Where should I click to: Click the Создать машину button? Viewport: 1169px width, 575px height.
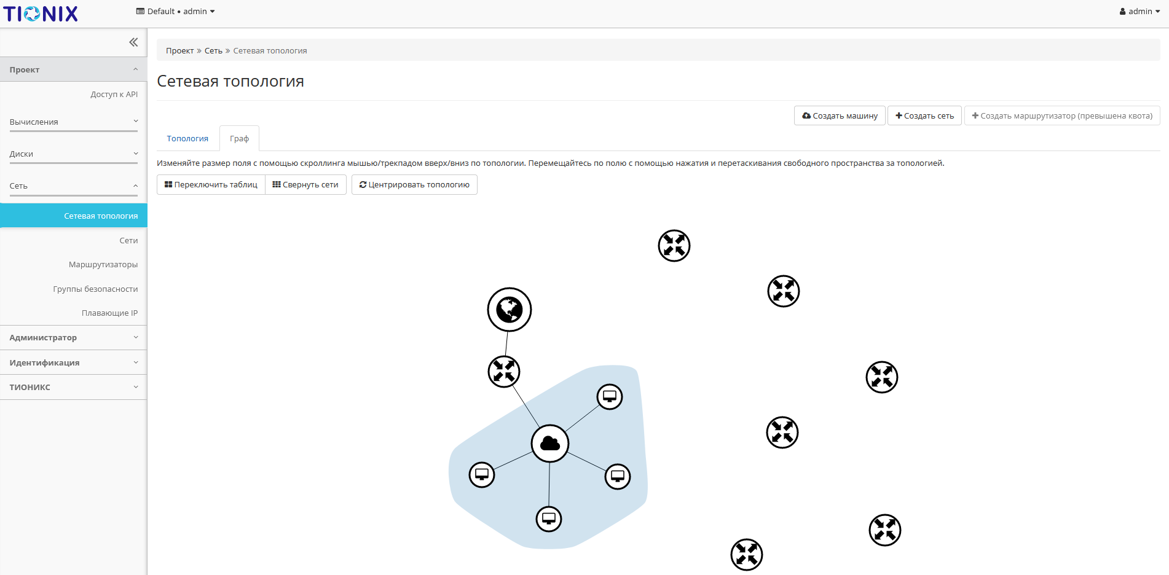[x=840, y=115]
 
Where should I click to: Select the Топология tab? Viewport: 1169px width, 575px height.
[x=187, y=139]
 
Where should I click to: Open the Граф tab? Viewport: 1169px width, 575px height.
[x=239, y=139]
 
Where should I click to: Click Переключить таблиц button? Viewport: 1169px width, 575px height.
[x=211, y=185]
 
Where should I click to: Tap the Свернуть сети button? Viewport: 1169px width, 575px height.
[x=305, y=185]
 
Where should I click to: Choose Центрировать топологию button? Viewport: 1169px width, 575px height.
[x=414, y=185]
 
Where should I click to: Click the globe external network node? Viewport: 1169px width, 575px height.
[x=510, y=310]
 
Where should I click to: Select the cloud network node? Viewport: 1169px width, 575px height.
[x=550, y=444]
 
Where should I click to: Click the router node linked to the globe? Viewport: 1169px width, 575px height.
[x=504, y=372]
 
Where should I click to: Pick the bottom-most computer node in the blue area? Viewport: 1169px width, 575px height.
[x=549, y=519]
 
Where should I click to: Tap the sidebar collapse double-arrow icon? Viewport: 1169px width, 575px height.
[x=133, y=42]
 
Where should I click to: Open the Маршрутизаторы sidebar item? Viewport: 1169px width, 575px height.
[x=103, y=265]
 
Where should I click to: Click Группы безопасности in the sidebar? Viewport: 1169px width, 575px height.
[x=95, y=289]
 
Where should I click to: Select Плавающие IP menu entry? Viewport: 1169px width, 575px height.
[x=109, y=313]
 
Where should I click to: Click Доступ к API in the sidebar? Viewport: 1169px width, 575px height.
[x=114, y=95]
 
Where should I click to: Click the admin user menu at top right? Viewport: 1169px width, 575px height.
[x=1139, y=12]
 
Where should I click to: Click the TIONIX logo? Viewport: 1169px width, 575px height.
[x=41, y=14]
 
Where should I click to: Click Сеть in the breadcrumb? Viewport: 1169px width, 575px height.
[x=213, y=51]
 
